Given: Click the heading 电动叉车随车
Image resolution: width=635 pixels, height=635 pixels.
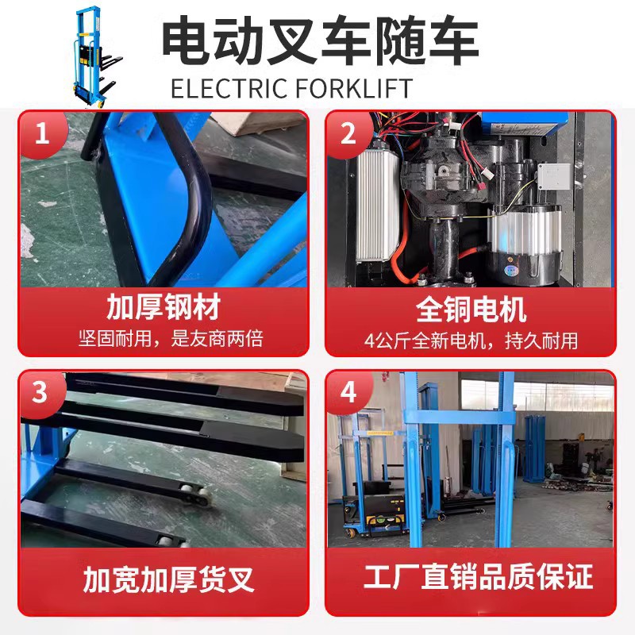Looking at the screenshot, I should [320, 41].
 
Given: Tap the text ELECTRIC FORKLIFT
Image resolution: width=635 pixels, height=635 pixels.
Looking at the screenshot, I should [292, 87].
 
